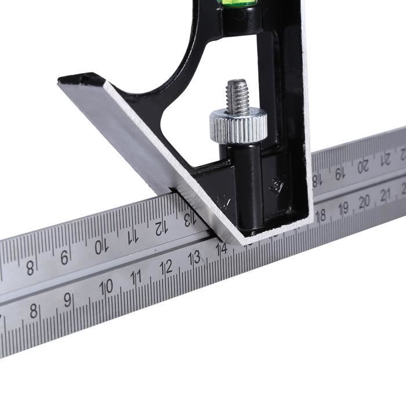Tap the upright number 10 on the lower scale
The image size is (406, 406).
[x=106, y=287]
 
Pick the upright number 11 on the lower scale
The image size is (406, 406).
[x=136, y=277]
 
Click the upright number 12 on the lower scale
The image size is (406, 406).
[x=166, y=267]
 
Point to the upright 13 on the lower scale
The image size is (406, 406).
[x=195, y=258]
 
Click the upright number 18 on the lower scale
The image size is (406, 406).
[x=320, y=215]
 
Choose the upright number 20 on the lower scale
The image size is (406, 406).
[x=364, y=201]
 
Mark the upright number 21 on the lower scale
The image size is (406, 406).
[x=385, y=195]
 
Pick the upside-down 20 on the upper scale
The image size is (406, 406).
[x=363, y=165]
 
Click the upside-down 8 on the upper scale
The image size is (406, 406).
[x=30, y=268]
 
